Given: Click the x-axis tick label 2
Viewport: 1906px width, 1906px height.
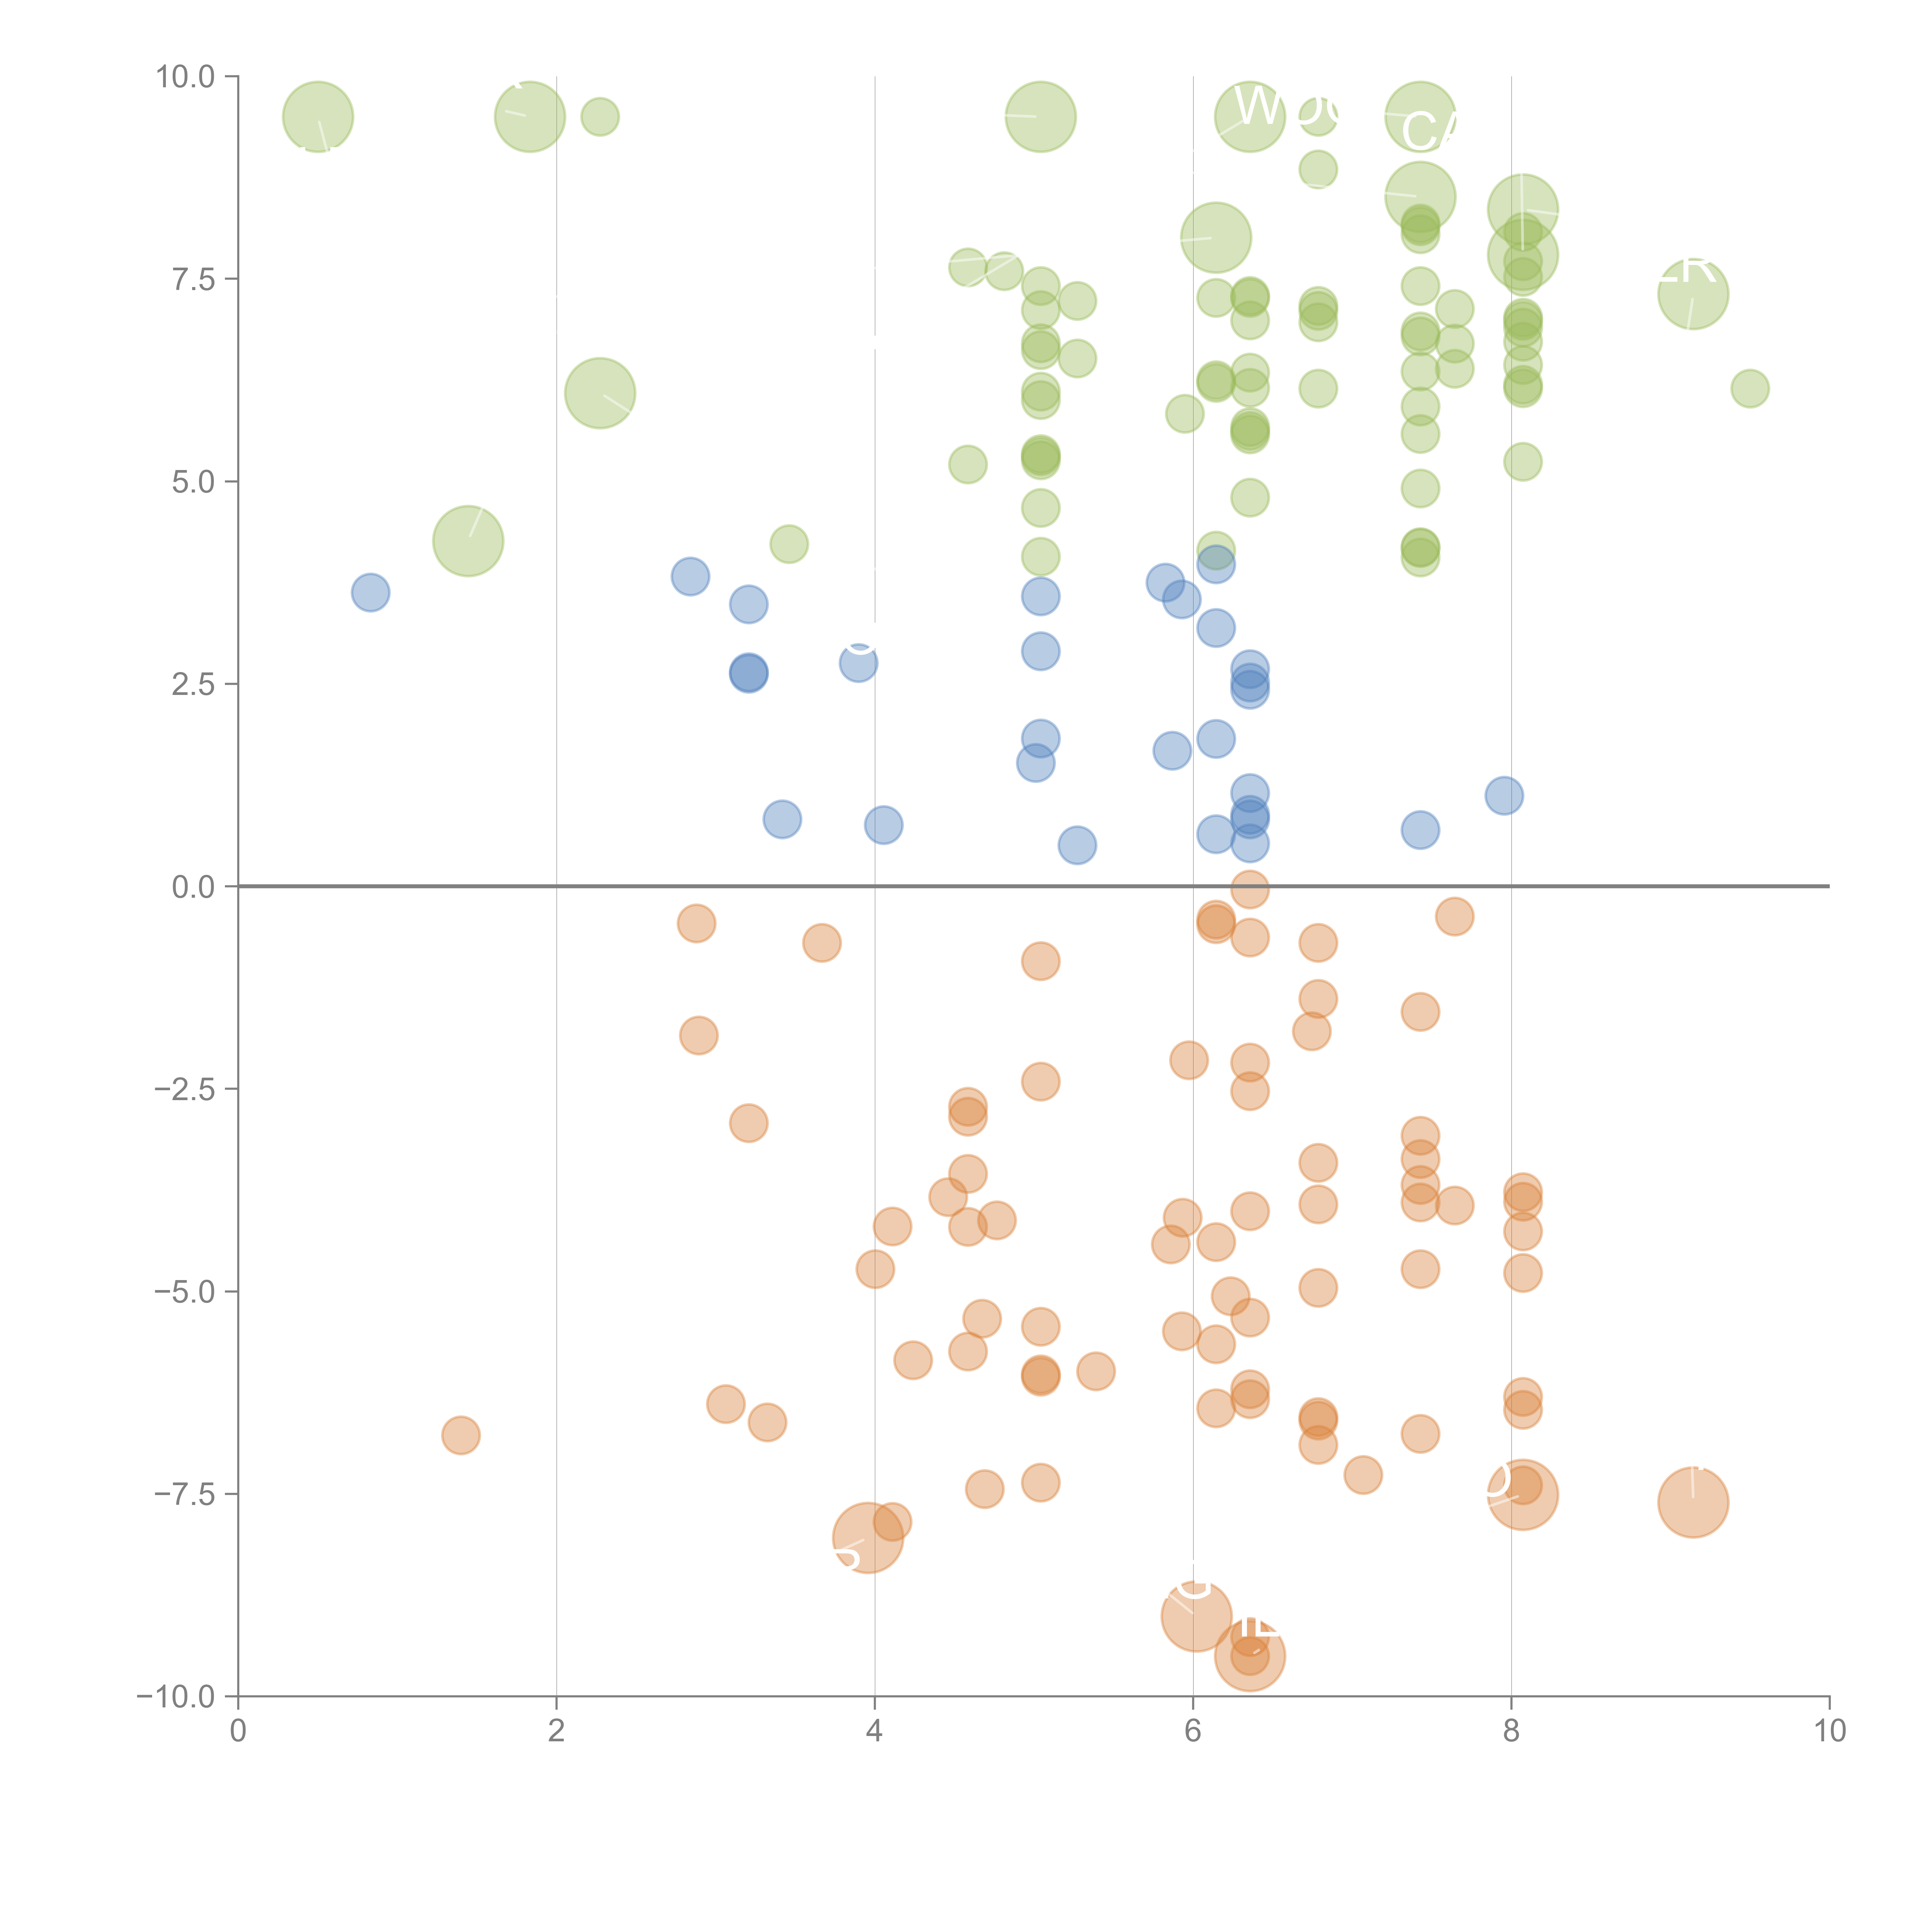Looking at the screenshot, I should pos(557,1730).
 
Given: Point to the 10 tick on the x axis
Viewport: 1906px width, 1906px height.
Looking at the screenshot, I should pos(1829,1730).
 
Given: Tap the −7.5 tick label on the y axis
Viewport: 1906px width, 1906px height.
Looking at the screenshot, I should pos(185,1494).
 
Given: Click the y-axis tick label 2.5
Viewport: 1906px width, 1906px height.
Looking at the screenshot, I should pos(193,683).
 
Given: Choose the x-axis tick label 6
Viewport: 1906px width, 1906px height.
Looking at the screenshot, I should pos(1193,1730).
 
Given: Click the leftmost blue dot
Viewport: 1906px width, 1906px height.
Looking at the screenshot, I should pos(370,592).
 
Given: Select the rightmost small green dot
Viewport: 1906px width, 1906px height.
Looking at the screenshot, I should pos(1749,388).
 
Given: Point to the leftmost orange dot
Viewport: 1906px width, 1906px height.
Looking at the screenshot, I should pos(461,1434).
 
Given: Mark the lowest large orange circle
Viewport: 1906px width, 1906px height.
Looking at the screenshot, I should pos(1249,1656).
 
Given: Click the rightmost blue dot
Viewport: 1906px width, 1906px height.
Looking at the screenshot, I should pos(1503,795).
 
